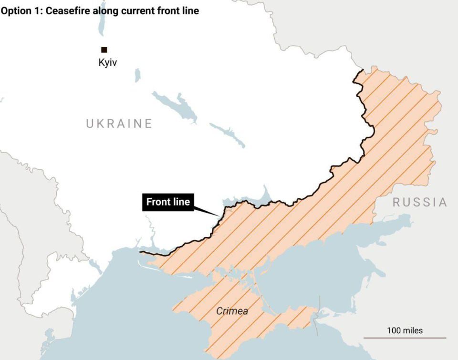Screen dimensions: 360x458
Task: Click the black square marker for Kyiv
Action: tap(104, 50)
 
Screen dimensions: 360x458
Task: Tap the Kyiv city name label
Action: tap(107, 62)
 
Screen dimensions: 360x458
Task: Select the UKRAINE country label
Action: tap(119, 123)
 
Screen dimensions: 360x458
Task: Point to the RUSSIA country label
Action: tap(420, 202)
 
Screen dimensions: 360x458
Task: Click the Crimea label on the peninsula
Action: tap(232, 311)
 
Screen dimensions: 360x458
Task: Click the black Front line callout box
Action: tap(168, 202)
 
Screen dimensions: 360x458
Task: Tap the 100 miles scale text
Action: tap(405, 330)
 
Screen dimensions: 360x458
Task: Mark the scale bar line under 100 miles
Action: tap(405, 338)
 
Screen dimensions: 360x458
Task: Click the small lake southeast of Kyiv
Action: tap(137, 75)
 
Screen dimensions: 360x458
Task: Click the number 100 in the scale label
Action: tap(394, 330)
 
